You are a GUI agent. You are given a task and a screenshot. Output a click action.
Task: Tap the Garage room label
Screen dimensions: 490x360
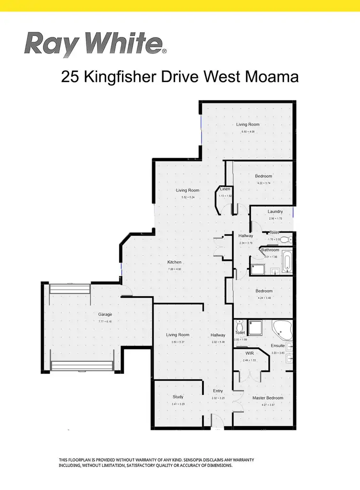click(105, 315)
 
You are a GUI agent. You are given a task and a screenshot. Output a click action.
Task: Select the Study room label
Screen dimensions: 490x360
click(178, 397)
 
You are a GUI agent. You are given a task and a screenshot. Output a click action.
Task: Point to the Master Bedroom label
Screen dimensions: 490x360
click(268, 398)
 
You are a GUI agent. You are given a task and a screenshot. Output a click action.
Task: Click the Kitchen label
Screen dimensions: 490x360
click(174, 262)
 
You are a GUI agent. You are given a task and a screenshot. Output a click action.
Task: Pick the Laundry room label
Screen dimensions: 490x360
click(275, 211)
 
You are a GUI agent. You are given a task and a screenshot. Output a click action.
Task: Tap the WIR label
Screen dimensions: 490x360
click(248, 353)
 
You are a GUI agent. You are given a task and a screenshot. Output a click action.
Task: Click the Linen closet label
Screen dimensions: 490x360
click(225, 189)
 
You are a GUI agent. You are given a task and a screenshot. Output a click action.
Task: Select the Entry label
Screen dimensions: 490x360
click(218, 391)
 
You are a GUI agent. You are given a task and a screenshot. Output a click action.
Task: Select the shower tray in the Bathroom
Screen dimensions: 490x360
click(257, 269)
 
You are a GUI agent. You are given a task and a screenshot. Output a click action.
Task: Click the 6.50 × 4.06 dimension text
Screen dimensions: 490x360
click(248, 131)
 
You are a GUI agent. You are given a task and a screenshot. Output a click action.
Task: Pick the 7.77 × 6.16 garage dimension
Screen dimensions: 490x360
click(105, 321)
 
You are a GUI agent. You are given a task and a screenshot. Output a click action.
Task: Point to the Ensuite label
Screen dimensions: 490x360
click(277, 346)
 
